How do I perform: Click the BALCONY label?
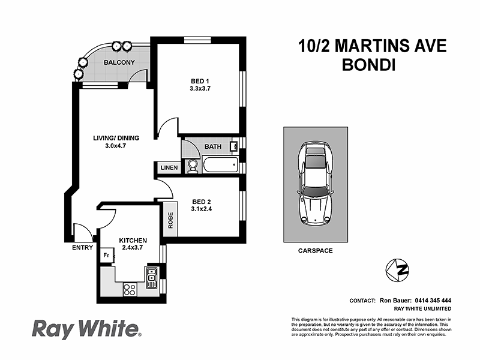tap(118, 62)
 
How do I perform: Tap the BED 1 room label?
tap(200, 81)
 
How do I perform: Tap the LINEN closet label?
tap(167, 168)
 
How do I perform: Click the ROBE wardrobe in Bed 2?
tap(170, 220)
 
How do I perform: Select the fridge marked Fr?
tap(106, 256)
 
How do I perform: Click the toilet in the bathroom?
tap(193, 165)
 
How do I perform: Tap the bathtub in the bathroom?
tap(220, 165)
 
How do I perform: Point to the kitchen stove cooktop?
tap(129, 289)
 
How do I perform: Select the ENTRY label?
tap(82, 247)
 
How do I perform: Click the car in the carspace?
tap(316, 184)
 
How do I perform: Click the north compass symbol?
tap(398, 269)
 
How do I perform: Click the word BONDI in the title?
tap(368, 65)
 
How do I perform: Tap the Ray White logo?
tap(85, 329)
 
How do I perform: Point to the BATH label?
tap(212, 146)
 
